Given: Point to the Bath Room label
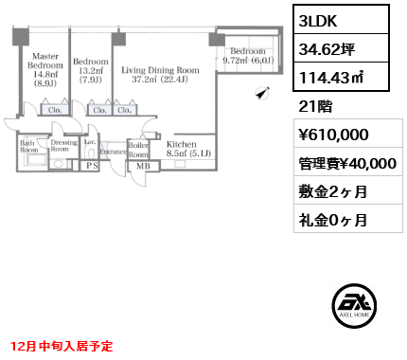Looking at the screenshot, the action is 29,147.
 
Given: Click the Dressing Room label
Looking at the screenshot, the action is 63,146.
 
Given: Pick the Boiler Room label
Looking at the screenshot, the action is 139,150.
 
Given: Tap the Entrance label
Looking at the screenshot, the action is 113,151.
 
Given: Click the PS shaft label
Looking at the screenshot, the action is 92,165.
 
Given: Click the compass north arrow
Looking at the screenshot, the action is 262,93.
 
